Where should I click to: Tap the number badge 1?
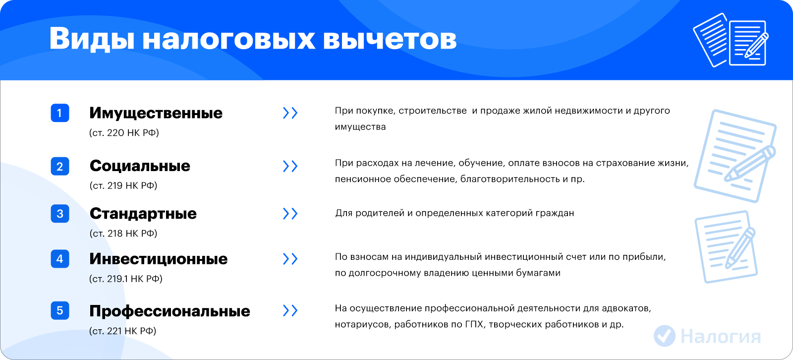click(x=60, y=113)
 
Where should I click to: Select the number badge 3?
click(x=60, y=214)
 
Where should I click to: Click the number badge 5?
click(x=60, y=310)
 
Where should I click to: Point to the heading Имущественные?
click(x=156, y=114)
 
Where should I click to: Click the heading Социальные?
click(x=140, y=166)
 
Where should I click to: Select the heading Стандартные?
click(x=143, y=214)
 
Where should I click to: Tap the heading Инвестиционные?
click(x=158, y=259)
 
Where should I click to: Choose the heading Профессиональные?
click(x=170, y=311)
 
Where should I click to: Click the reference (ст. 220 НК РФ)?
click(x=124, y=133)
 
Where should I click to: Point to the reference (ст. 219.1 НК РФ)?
click(x=126, y=279)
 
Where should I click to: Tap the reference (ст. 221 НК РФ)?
click(x=122, y=331)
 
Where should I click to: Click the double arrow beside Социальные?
click(x=290, y=166)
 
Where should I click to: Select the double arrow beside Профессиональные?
click(x=290, y=311)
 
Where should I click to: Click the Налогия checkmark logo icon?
click(x=665, y=336)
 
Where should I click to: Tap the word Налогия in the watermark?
click(x=721, y=337)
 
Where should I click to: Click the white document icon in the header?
click(x=731, y=40)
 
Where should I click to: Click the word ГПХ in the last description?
click(x=474, y=324)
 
